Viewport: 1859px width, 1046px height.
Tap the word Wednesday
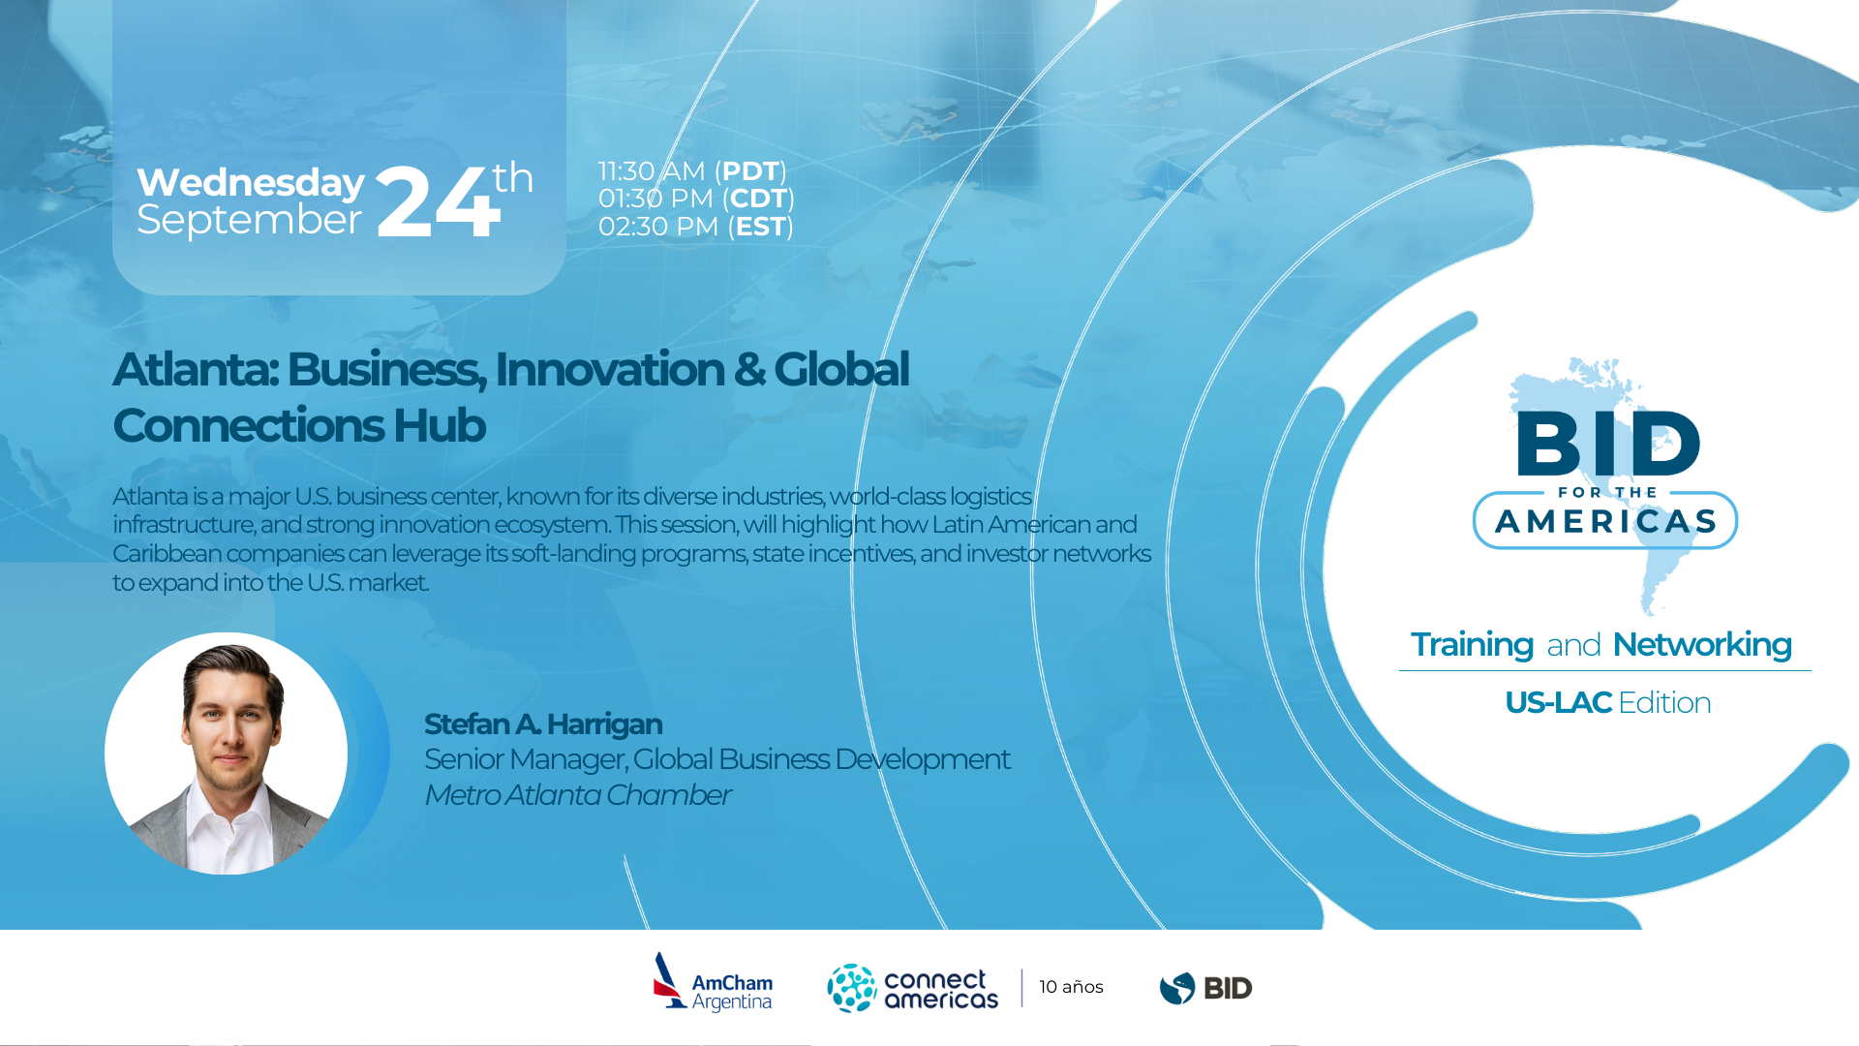pyautogui.click(x=251, y=182)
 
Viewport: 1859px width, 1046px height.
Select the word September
pyautogui.click(x=249, y=220)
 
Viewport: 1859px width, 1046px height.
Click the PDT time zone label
pyautogui.click(x=750, y=171)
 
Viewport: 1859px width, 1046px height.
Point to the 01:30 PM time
pyautogui.click(x=655, y=199)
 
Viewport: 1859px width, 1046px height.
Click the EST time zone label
pyautogui.click(x=760, y=227)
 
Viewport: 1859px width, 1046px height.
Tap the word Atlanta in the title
pyautogui.click(x=195, y=369)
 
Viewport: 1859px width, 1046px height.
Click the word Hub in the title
pyautogui.click(x=440, y=426)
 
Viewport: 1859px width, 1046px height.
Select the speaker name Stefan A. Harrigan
pyautogui.click(x=542, y=724)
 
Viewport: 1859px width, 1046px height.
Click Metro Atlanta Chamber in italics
pyautogui.click(x=577, y=795)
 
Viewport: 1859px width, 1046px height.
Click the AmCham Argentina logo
pyautogui.click(x=714, y=984)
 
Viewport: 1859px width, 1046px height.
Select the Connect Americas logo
pyautogui.click(x=912, y=988)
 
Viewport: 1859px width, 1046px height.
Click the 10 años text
pyautogui.click(x=1071, y=987)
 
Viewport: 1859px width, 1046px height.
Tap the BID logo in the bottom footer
pyautogui.click(x=1205, y=988)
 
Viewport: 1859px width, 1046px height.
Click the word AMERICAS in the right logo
pyautogui.click(x=1605, y=522)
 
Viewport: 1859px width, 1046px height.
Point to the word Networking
pyautogui.click(x=1701, y=645)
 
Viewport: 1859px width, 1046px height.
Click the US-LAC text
pyautogui.click(x=1557, y=703)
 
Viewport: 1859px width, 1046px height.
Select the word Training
pyautogui.click(x=1472, y=645)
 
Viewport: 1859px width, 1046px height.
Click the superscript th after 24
pyautogui.click(x=512, y=178)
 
